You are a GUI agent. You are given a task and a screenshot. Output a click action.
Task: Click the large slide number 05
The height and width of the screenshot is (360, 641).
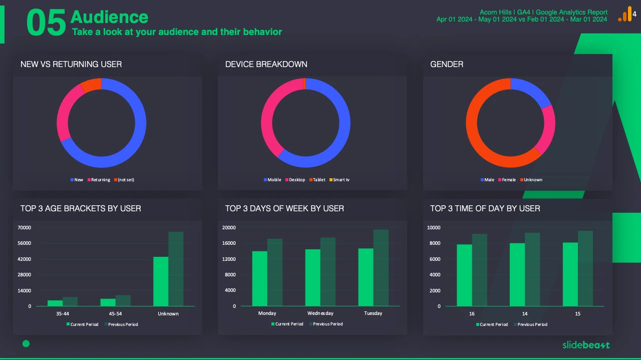[46, 23]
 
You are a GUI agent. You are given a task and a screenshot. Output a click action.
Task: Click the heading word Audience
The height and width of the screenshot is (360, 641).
[109, 17]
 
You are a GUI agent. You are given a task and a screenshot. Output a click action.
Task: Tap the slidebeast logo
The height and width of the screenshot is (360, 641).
[586, 344]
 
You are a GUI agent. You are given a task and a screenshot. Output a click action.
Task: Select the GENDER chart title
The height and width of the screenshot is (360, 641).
[447, 64]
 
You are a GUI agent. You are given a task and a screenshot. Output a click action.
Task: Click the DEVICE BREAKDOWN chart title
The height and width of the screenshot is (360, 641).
[266, 64]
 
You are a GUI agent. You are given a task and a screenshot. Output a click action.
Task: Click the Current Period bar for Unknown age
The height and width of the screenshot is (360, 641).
[161, 281]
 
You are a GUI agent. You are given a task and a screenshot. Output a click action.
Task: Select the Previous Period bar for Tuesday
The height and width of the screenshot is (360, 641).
[381, 268]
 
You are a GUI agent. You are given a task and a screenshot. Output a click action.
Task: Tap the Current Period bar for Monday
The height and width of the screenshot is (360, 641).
[259, 278]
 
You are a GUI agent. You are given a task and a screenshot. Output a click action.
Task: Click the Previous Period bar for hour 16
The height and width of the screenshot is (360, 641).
[479, 270]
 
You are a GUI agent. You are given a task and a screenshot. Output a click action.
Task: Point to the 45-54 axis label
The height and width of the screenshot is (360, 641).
[115, 314]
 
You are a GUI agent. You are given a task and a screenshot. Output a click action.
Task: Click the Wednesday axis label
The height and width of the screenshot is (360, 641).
[320, 313]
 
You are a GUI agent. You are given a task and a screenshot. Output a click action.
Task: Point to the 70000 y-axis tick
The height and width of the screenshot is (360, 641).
[24, 228]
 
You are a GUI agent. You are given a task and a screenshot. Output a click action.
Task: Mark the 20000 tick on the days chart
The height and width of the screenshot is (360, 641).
[228, 228]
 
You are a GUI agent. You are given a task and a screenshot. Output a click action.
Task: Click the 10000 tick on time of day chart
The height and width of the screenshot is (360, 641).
[433, 228]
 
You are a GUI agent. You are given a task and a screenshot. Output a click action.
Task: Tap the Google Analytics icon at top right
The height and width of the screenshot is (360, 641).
[625, 15]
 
